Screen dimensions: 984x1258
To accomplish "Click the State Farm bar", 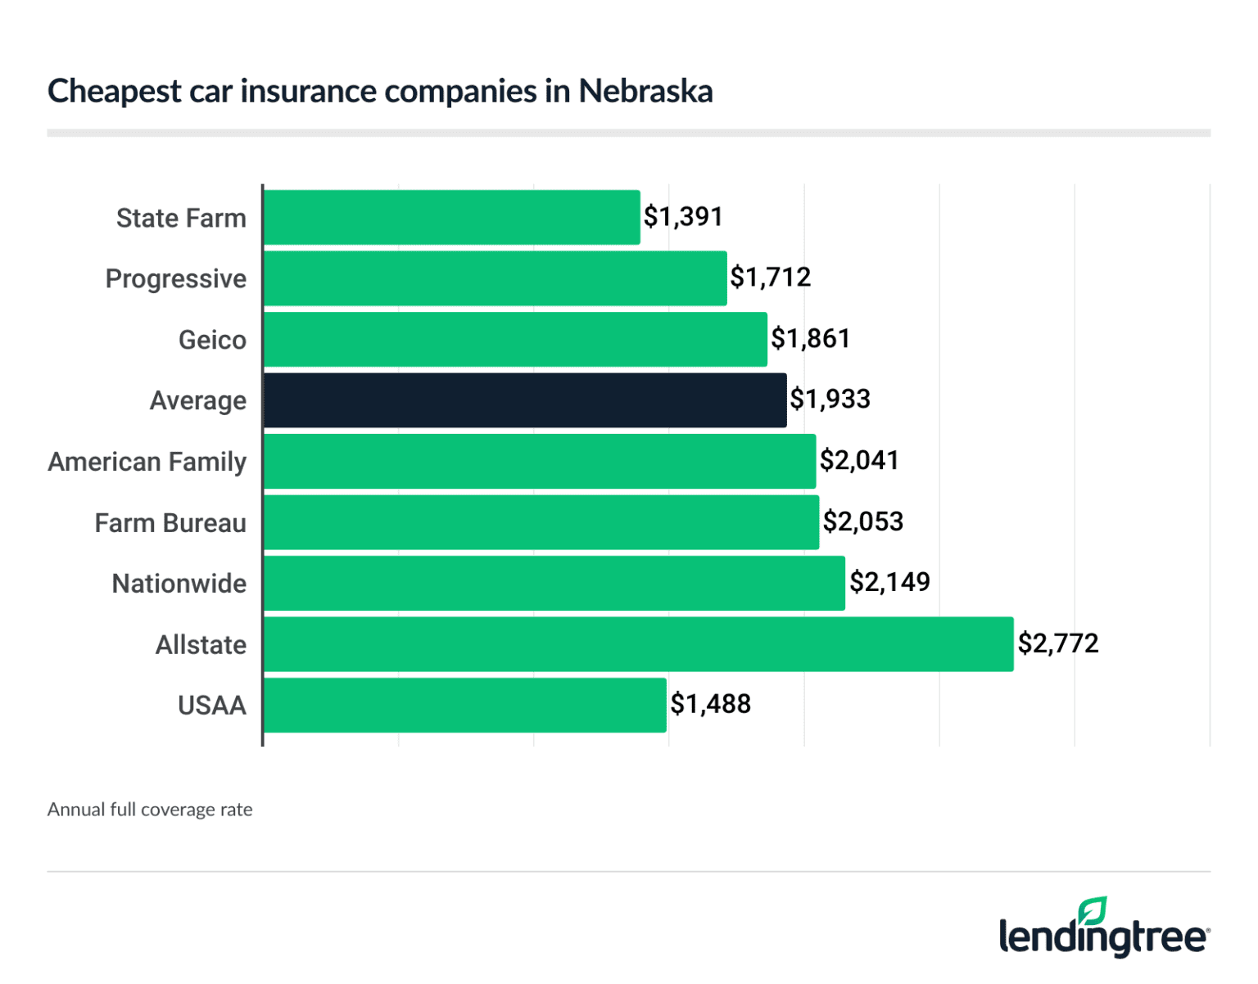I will pos(451,218).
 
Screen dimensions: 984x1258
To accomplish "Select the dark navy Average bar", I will pos(525,400).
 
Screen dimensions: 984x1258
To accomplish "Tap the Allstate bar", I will pos(638,644).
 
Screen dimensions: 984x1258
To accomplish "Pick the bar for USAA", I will pos(464,705).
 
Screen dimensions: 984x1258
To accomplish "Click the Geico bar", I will pos(515,339).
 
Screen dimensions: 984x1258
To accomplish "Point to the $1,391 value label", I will pos(683,217).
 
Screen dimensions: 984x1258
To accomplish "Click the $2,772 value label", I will pos(1057,643).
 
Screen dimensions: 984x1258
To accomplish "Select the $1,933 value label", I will pos(830,399).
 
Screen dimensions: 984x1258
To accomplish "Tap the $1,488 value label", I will pos(710,704).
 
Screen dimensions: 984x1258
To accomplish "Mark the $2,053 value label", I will pos(862,521).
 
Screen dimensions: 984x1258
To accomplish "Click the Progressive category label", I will pos(175,279).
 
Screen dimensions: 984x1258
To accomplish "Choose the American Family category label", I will pos(147,462).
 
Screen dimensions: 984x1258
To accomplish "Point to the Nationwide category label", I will pos(179,584).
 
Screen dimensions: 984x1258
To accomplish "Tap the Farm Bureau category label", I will pos(170,523).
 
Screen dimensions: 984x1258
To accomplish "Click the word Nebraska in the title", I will pos(645,91).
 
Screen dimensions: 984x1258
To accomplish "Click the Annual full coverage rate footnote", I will pos(150,810).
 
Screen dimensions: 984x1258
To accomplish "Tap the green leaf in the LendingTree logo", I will pos(1093,911).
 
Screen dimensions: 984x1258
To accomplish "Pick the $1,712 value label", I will pos(770,278).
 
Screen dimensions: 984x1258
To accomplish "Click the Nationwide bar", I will pos(554,583).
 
